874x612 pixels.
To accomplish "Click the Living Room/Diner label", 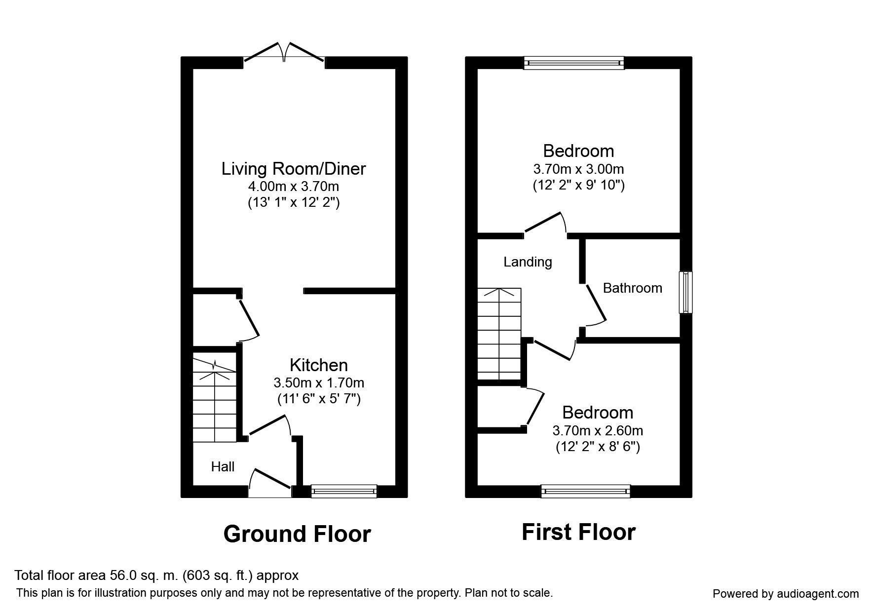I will click(293, 169).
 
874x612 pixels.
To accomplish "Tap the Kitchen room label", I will click(318, 365).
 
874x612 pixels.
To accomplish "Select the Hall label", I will click(223, 467).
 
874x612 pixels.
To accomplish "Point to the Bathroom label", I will click(632, 288).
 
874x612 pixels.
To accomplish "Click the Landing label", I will click(528, 262).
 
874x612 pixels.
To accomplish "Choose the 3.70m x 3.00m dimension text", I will click(578, 169).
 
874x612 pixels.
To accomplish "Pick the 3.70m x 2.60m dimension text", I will click(597, 430).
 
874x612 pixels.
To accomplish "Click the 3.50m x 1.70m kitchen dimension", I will click(319, 382).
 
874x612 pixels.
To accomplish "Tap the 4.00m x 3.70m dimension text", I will click(293, 187).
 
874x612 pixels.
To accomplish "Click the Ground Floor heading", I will click(297, 534).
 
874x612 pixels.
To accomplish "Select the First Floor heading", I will click(578, 532).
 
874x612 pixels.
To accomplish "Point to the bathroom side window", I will click(685, 292).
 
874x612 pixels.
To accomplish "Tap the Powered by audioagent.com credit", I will click(786, 594).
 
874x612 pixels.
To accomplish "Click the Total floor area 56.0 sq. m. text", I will click(156, 575).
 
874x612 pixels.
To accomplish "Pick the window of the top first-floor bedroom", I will click(574, 63).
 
